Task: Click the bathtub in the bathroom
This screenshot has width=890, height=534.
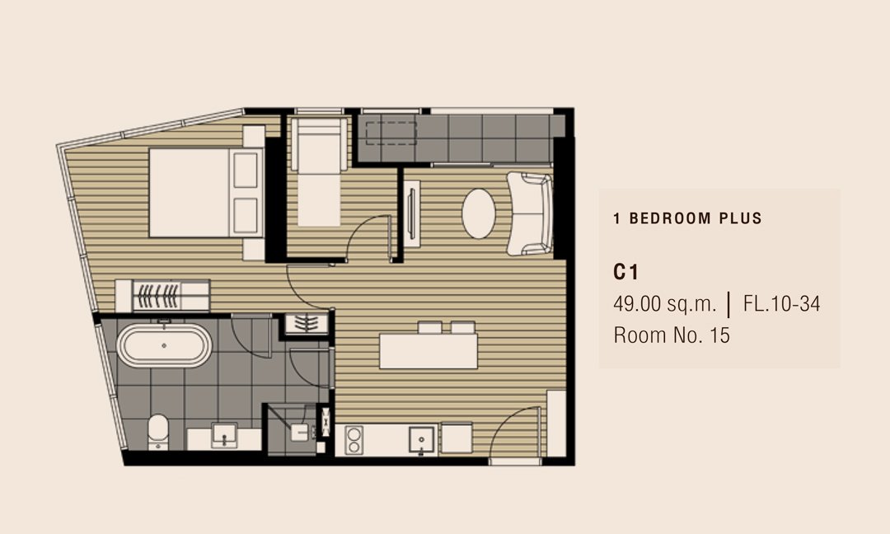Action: click(164, 345)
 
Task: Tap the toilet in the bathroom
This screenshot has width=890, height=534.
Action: click(158, 432)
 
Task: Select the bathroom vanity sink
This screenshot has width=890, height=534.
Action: click(224, 435)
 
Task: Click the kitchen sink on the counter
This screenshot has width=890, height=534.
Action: click(422, 440)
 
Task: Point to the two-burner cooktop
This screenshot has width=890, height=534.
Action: click(354, 440)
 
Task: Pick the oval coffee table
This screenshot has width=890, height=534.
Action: click(479, 213)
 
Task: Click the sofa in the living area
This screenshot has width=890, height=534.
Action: click(530, 213)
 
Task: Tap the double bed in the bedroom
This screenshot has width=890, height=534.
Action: click(206, 192)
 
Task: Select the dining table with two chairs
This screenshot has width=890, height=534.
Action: click(429, 345)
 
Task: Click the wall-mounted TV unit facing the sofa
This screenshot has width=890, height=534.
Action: click(411, 213)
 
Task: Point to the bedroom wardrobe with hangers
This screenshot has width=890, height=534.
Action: click(163, 296)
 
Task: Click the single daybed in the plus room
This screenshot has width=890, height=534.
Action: click(319, 171)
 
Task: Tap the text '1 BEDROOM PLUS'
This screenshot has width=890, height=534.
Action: click(687, 218)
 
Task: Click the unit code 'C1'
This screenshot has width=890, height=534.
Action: click(625, 273)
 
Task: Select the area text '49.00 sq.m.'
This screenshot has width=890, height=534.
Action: click(665, 304)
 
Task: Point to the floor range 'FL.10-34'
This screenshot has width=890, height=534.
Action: click(781, 304)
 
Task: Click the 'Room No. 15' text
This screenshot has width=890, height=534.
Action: click(672, 335)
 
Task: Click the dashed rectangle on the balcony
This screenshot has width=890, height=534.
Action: click(391, 133)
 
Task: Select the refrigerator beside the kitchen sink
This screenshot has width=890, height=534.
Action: click(457, 438)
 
